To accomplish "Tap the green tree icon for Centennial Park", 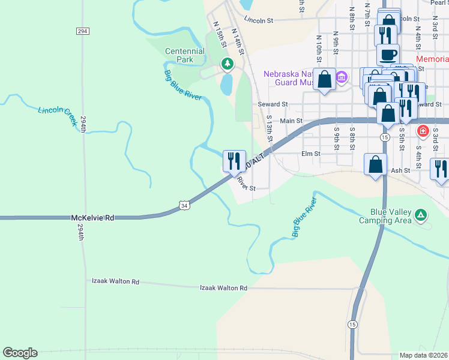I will click(x=226, y=63).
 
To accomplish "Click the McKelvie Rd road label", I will click(x=92, y=218).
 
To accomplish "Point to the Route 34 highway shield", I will click(x=184, y=206).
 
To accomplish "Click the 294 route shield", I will click(x=83, y=31).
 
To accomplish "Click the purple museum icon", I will click(x=342, y=77).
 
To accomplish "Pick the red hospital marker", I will click(x=423, y=130).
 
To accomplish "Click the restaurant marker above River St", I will click(x=234, y=161).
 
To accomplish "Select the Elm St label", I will click(x=311, y=154).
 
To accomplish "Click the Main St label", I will click(x=291, y=121).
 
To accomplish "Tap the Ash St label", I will click(x=400, y=170).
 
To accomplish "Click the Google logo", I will click(x=20, y=353).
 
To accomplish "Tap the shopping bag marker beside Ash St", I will click(x=375, y=164).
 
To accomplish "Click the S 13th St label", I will click(x=270, y=129).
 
